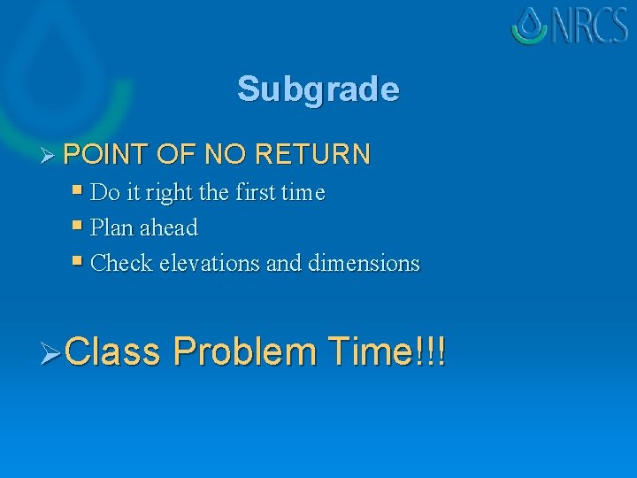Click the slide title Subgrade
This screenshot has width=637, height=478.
tap(318, 89)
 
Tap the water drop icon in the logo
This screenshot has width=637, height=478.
tap(530, 25)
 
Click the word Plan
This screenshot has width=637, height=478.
tap(111, 227)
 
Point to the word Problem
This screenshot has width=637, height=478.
tap(245, 351)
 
